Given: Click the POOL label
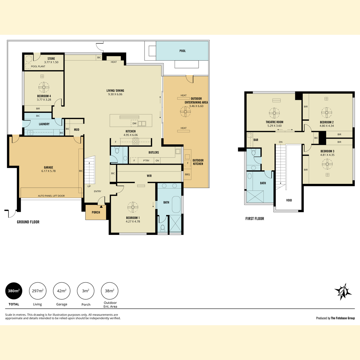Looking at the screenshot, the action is click(182, 51).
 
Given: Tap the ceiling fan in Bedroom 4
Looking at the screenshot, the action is click(44, 87).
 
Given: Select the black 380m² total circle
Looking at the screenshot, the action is click(14, 291).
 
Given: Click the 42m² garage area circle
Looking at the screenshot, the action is click(62, 291).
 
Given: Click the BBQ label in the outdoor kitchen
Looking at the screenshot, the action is click(187, 175).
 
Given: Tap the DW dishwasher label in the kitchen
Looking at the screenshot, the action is click(134, 124).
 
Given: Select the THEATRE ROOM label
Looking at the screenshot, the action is click(274, 122).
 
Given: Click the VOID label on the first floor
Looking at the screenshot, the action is click(289, 200).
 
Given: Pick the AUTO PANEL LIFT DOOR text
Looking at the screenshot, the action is click(51, 196).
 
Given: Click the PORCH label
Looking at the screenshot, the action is click(96, 212).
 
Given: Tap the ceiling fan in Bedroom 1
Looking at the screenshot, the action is click(133, 207).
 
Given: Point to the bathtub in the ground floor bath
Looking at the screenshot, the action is click(176, 204).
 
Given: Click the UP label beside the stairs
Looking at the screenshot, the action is click(89, 186).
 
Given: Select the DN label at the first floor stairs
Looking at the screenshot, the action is click(280, 142).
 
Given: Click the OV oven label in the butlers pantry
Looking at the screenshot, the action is click(157, 160).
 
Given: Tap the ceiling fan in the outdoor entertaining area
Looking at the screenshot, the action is click(185, 112).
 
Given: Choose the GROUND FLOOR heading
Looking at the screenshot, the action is click(28, 222).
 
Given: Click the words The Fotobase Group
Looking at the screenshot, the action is click(343, 318).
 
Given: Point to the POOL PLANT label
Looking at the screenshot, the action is click(38, 66).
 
